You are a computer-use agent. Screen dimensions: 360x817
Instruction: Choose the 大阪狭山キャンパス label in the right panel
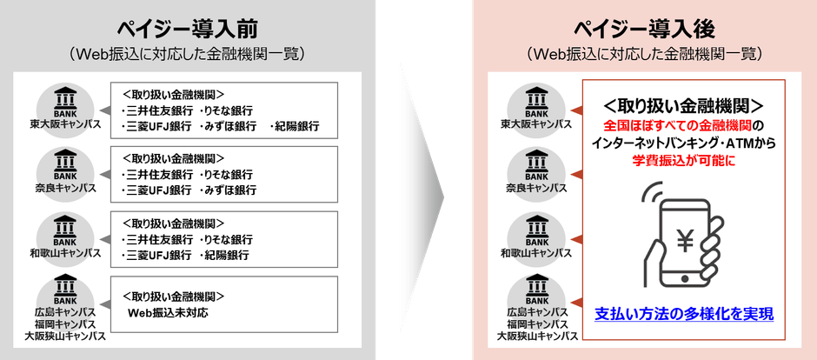click(x=538, y=335)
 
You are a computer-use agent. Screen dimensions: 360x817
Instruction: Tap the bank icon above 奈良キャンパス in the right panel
click(x=538, y=162)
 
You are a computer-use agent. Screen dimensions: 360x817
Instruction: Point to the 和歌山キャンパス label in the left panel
click(x=65, y=253)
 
